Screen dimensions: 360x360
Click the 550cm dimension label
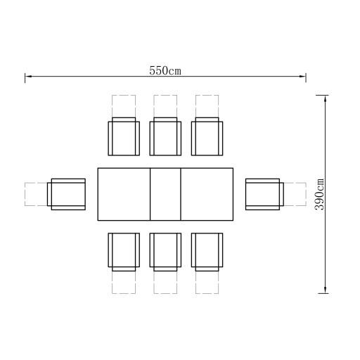pos(165,71)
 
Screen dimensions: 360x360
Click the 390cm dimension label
pos(319,194)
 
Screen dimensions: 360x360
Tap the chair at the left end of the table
pos(66,194)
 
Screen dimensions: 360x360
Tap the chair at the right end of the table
pos(264,194)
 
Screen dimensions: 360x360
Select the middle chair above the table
pos(165,136)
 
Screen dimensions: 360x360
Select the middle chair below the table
pos(165,252)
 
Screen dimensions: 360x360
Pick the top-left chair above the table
pos(124,136)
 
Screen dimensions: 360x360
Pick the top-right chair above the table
pos(207,136)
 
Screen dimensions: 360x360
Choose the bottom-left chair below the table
pos(124,252)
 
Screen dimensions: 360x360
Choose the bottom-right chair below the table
pos(207,252)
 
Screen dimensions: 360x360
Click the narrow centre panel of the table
pos(165,194)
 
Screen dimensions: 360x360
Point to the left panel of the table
pos(124,194)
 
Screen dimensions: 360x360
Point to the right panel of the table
pos(207,194)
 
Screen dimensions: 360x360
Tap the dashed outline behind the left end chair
pos(25,194)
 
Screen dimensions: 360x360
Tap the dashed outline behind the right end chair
pos(306,194)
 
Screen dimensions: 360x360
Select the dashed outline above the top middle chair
pos(165,95)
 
